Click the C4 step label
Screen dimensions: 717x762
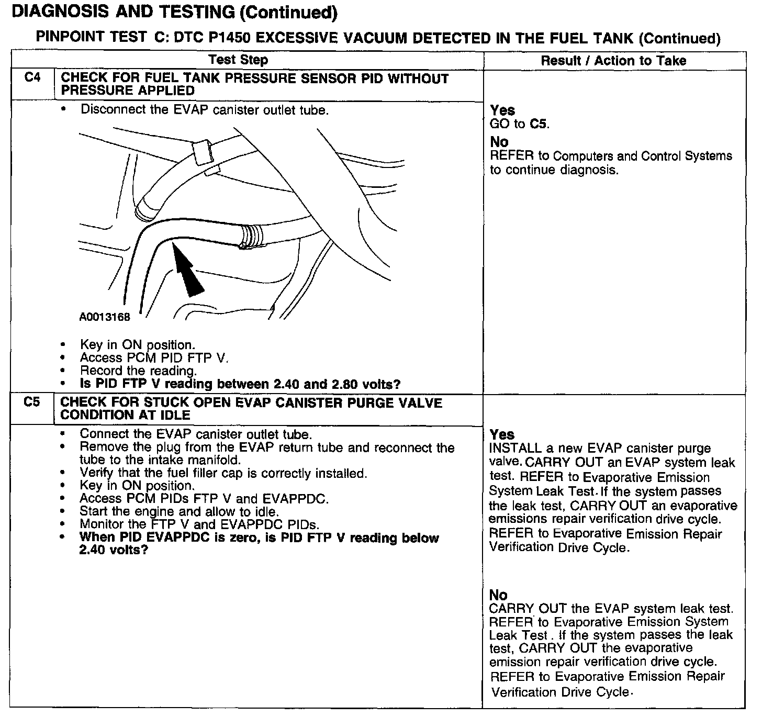[32, 78]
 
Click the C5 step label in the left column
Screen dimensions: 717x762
[32, 403]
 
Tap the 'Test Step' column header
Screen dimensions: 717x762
[238, 60]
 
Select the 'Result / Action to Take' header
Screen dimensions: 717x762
[613, 61]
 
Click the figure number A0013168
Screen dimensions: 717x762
[105, 317]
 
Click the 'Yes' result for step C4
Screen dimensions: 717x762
[502, 110]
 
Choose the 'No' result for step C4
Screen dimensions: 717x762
[499, 142]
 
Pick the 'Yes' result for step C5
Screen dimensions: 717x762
[502, 435]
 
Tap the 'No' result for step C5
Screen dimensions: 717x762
[498, 595]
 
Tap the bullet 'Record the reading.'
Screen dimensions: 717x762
[138, 371]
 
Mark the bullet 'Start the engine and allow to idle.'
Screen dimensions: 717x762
[179, 511]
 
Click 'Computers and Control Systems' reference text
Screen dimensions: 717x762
[642, 156]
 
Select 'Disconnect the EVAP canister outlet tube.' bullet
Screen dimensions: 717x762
[204, 110]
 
